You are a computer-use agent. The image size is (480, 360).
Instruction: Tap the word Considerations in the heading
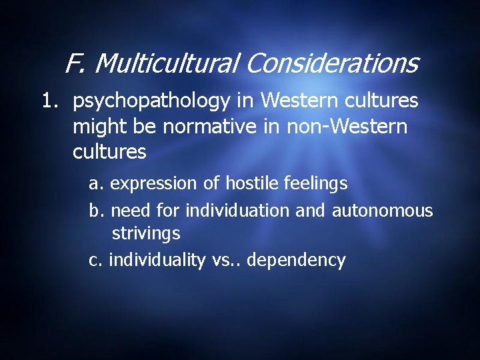[331, 64]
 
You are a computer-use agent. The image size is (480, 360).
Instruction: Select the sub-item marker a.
[96, 183]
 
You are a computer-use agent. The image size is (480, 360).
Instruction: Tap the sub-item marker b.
[96, 211]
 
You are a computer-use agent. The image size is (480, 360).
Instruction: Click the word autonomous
[382, 211]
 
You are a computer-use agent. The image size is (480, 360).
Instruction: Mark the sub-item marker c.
[95, 259]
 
